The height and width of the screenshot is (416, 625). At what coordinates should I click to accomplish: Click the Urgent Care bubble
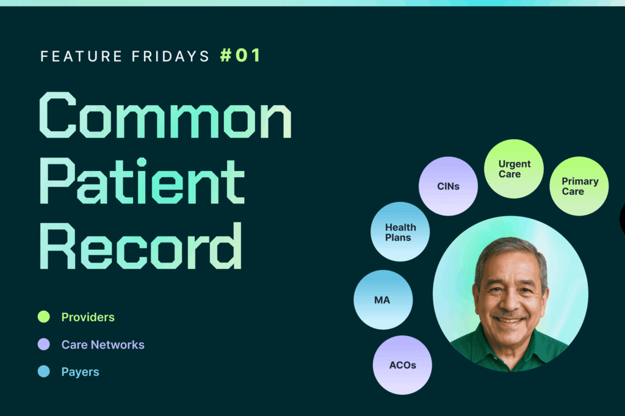(x=514, y=169)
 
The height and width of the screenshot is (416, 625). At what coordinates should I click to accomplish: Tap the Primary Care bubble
(x=579, y=186)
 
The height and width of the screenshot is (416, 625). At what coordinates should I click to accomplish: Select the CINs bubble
(x=449, y=186)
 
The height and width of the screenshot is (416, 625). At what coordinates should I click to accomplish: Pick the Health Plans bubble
(x=400, y=232)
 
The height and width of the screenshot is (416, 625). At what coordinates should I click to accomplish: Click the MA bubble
(x=383, y=300)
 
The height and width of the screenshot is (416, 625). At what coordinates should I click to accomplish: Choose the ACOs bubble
(x=402, y=365)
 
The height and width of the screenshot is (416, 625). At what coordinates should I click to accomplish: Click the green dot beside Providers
(x=44, y=316)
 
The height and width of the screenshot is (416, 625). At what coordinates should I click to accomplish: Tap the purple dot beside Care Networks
(x=44, y=344)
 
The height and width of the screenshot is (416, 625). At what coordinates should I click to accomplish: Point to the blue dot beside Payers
(x=44, y=371)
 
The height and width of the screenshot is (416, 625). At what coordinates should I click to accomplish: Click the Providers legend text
(x=88, y=317)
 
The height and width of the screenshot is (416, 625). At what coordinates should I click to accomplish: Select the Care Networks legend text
(x=103, y=345)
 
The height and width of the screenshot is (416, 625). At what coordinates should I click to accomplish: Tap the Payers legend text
(x=80, y=372)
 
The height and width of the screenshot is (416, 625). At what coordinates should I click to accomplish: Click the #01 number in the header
(x=240, y=56)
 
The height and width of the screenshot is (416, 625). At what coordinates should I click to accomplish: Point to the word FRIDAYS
(x=171, y=56)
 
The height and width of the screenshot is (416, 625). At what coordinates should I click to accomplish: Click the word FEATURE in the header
(x=81, y=56)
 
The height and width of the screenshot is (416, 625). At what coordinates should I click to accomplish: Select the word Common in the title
(x=165, y=115)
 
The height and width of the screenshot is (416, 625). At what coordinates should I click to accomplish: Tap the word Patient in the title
(x=142, y=181)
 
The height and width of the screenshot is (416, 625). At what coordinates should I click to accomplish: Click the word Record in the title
(x=141, y=246)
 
